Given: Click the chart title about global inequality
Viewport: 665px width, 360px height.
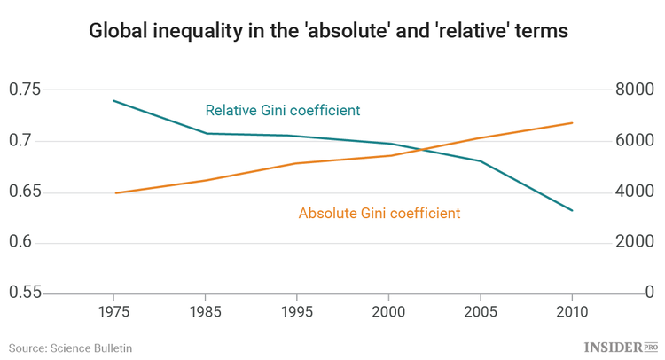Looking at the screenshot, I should (328, 31).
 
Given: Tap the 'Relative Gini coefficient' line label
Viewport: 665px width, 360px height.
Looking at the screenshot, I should (282, 111).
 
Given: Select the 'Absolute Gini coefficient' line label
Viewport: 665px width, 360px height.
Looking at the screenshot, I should (379, 213).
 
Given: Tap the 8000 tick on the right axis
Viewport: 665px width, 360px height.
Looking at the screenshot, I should (635, 90).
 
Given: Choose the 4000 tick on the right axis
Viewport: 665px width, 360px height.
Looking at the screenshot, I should (635, 192).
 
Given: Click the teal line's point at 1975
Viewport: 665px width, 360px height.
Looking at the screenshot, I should (113, 100).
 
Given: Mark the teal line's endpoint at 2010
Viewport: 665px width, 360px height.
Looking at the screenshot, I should (572, 210).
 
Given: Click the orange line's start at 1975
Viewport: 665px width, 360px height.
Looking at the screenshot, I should (113, 192).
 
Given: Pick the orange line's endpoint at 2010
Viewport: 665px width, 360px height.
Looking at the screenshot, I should (572, 123).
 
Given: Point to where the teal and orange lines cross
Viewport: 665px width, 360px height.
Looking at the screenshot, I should (424, 149).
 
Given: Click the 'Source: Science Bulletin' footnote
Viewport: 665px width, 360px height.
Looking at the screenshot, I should (71, 348).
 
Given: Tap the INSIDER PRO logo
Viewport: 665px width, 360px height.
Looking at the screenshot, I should (620, 347).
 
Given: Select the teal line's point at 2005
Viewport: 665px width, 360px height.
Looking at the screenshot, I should (480, 160).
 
